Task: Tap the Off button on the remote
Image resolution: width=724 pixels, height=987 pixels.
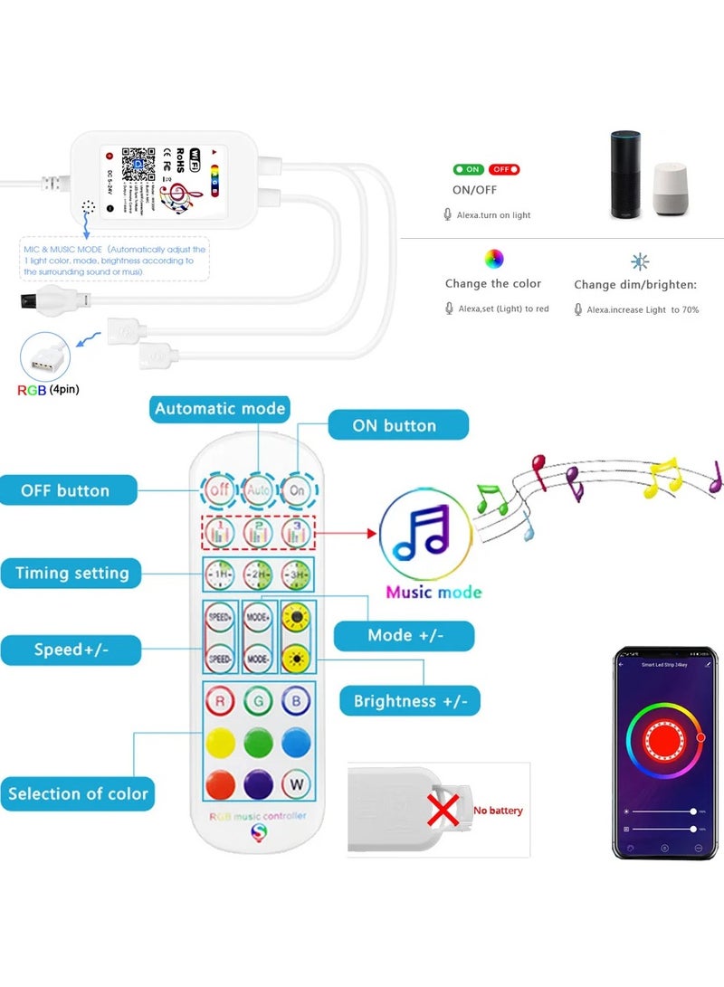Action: coord(218,490)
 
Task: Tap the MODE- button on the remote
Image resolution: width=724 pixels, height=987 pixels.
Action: coord(259,658)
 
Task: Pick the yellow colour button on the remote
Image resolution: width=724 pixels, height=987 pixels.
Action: coord(219,742)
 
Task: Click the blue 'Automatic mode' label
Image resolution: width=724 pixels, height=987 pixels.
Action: coord(219,409)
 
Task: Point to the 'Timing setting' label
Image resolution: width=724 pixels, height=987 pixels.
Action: coord(71,573)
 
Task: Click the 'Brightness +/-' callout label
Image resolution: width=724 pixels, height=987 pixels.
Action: coord(410,700)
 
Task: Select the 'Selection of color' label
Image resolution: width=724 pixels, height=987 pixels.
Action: coord(78,793)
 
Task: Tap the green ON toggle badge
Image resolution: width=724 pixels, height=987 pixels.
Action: coord(468,169)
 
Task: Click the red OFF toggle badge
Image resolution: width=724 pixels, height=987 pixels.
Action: coord(504,169)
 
